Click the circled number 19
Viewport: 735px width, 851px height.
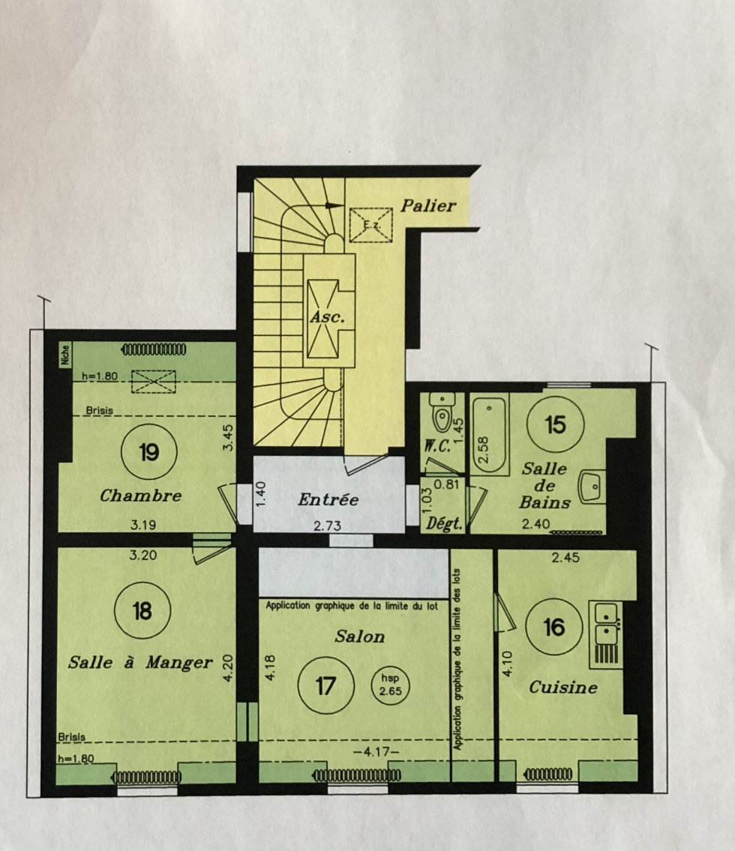click(149, 452)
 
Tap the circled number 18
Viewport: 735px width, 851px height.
click(142, 611)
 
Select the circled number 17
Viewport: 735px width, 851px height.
click(325, 686)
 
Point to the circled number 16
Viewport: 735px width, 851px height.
click(553, 628)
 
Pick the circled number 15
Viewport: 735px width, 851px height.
click(555, 424)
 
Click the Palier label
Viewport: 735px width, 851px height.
click(428, 205)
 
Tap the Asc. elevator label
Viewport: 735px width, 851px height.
click(327, 317)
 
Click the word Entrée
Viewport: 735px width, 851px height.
click(328, 499)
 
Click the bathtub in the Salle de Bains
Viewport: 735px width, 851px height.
click(490, 433)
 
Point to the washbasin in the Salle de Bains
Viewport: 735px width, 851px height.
click(591, 487)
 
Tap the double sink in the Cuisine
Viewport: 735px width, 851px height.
click(607, 623)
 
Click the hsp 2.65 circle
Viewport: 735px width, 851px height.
click(390, 685)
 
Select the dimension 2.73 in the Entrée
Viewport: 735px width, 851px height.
click(327, 526)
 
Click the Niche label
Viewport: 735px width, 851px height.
click(65, 355)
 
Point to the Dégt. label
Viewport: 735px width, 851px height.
click(443, 524)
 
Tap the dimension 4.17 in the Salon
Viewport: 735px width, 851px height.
click(376, 752)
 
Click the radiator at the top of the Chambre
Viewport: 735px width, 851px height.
click(154, 349)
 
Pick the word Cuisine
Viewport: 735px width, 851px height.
click(563, 688)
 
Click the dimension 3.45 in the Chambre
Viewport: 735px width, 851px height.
click(228, 437)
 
